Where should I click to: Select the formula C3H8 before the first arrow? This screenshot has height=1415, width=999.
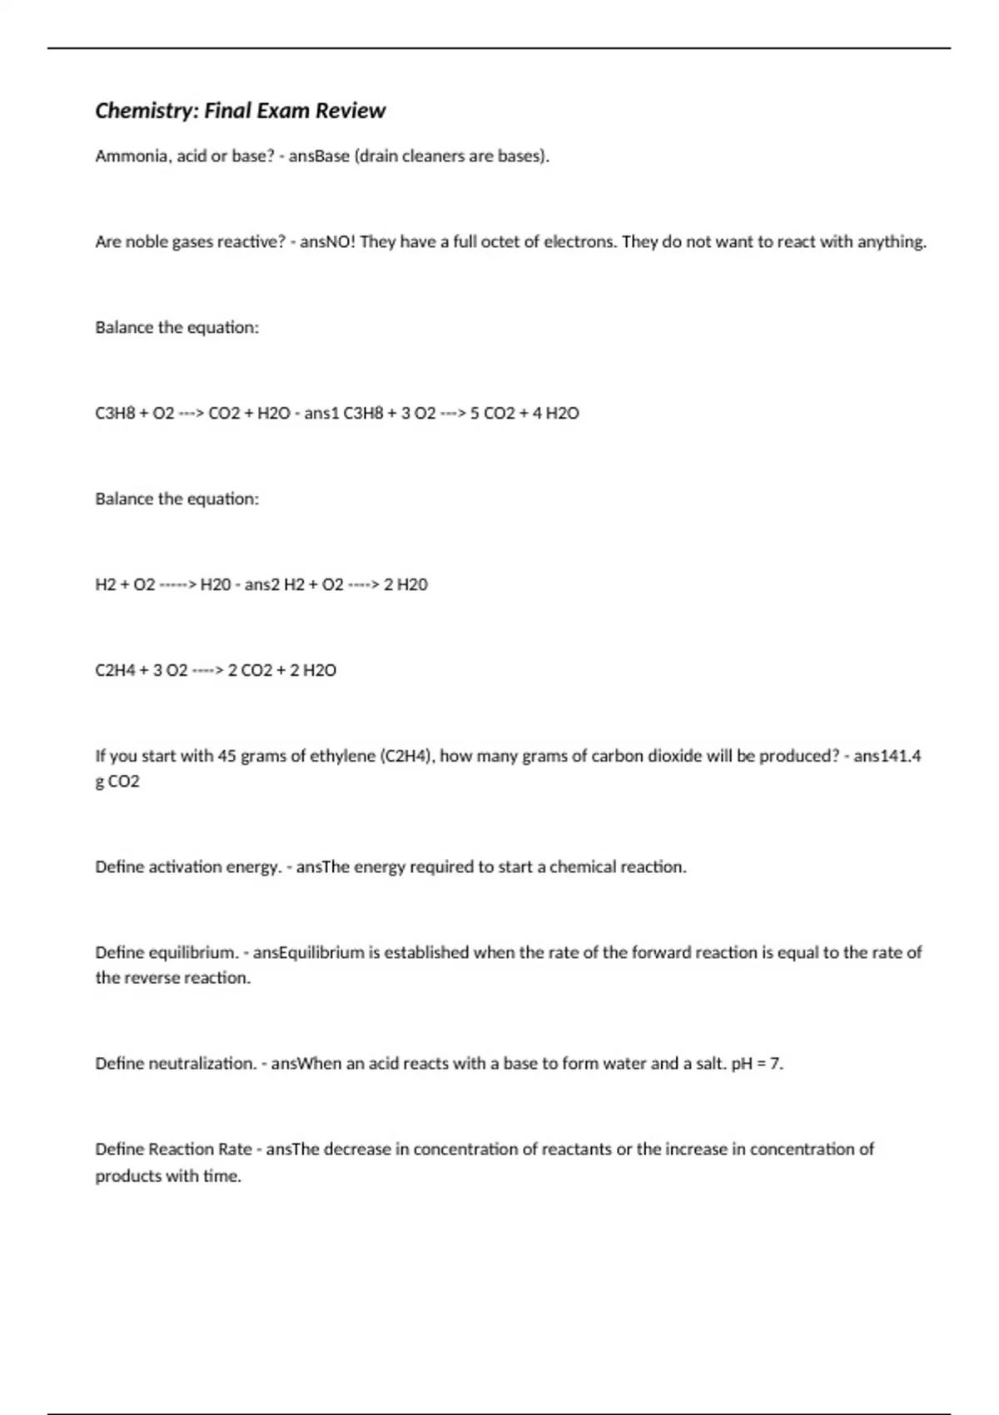point(115,414)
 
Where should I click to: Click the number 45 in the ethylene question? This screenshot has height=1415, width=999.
point(226,757)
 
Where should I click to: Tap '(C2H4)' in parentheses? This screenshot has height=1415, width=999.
point(408,757)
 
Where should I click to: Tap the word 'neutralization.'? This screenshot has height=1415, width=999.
point(202,1064)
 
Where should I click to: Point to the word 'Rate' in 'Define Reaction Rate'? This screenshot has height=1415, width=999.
point(235,1149)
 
